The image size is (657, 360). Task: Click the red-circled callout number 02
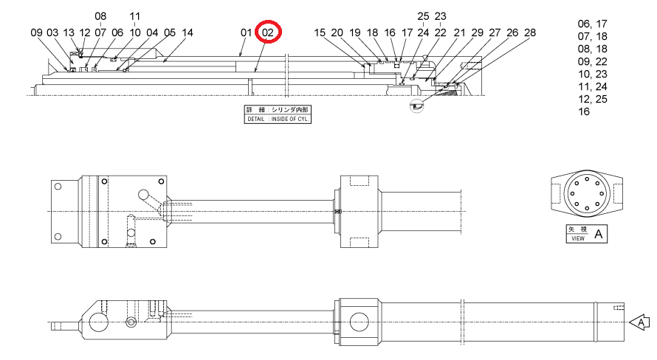(268, 32)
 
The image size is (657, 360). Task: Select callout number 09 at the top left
(36, 32)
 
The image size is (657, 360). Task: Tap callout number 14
(188, 32)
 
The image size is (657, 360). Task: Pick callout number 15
(320, 32)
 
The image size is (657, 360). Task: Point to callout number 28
(530, 32)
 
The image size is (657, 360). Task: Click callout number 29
(477, 32)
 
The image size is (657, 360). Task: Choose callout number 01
(247, 32)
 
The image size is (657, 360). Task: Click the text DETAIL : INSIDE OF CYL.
(278, 119)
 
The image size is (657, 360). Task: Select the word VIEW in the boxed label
(578, 238)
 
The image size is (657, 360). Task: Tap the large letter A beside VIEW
(599, 234)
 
